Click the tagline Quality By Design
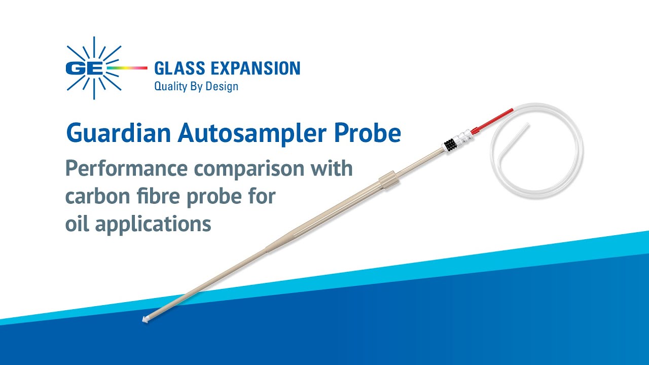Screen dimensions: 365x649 click(196, 87)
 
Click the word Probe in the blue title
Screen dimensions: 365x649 click(369, 133)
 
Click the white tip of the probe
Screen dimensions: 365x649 click(145, 320)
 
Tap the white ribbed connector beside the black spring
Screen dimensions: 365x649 click(462, 137)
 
